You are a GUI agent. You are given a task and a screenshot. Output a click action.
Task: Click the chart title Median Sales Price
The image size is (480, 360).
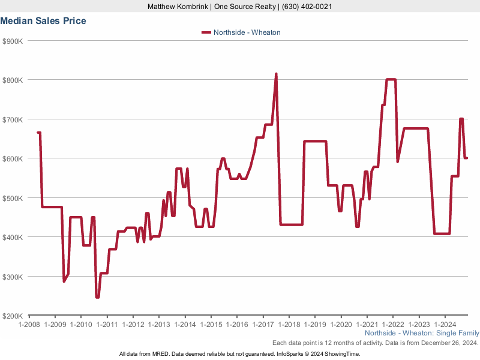tap(43, 21)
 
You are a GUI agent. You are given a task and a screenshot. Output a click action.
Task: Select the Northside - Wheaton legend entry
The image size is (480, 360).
tap(247, 32)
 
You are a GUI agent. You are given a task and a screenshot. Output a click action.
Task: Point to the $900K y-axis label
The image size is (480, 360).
tap(13, 41)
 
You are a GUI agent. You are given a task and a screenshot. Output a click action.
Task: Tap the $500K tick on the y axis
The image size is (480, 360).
tap(13, 198)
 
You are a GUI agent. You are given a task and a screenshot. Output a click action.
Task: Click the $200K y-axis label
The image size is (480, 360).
tap(13, 316)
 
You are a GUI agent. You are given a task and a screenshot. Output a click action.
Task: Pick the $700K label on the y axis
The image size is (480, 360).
tap(13, 119)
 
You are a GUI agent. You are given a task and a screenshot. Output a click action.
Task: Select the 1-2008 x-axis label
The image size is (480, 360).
tap(29, 325)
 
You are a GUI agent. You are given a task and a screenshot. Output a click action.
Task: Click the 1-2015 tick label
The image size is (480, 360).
tap(211, 325)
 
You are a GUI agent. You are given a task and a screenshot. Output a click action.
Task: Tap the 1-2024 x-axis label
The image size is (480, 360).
tap(445, 325)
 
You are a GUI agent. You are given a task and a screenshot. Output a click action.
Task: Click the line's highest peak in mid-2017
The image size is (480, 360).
tap(276, 74)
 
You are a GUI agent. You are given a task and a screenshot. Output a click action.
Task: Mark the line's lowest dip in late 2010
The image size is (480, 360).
tap(97, 296)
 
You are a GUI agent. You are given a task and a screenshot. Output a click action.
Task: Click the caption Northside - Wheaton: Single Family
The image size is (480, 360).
tap(422, 333)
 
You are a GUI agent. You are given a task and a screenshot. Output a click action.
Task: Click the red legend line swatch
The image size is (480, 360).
tap(206, 32)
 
